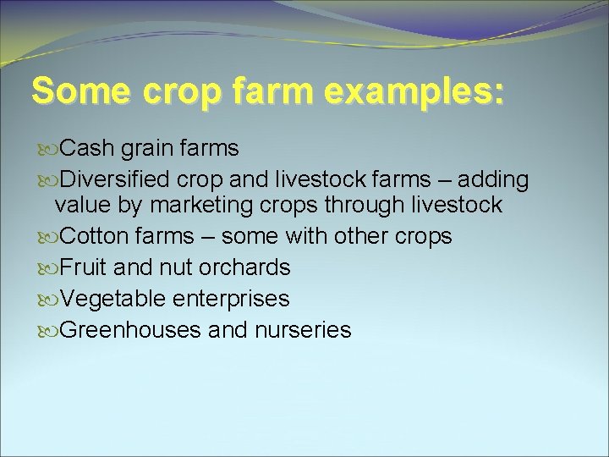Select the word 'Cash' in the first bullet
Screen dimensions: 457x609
tap(88, 149)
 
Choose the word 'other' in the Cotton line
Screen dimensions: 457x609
tap(362, 236)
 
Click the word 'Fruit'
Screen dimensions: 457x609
tap(85, 267)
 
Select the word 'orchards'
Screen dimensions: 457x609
tap(244, 267)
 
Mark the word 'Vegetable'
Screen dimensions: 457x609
tap(113, 299)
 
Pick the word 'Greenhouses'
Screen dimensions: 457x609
tap(131, 330)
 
